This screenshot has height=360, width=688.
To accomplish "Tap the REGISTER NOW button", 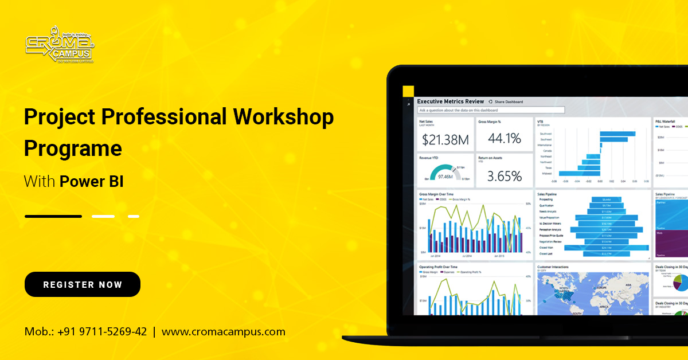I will coord(83,284).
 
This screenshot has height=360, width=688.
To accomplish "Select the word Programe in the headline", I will coord(73,148).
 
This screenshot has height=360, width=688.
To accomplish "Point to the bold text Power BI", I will coord(92,182).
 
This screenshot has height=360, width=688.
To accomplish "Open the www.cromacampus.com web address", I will coord(223,331).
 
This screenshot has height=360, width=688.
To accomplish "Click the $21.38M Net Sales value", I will coord(445,139).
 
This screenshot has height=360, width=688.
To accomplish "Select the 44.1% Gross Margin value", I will coord(504,138).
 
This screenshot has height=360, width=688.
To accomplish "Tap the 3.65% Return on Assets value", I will coord(504,175).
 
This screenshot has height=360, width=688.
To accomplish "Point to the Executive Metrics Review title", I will coord(451,101).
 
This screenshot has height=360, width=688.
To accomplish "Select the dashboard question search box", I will coord(491,110).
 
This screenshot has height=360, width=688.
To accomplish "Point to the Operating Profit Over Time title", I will coord(438,267).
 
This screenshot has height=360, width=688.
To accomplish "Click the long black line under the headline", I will coord(53,216).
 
